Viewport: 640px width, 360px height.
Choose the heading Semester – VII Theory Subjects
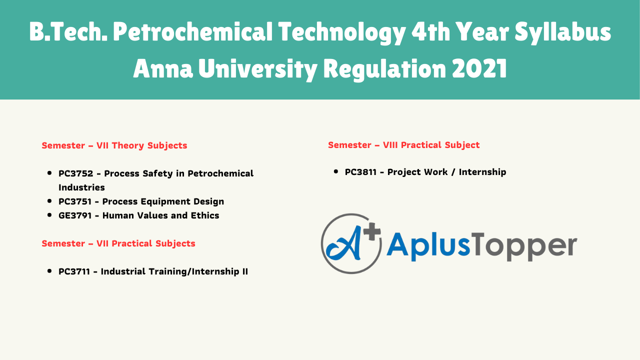(x=114, y=145)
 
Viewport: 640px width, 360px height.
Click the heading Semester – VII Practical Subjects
(x=118, y=243)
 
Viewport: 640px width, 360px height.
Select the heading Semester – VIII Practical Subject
(x=403, y=145)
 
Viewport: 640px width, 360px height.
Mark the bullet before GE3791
(x=49, y=215)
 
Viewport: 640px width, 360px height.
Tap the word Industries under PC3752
(x=81, y=187)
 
